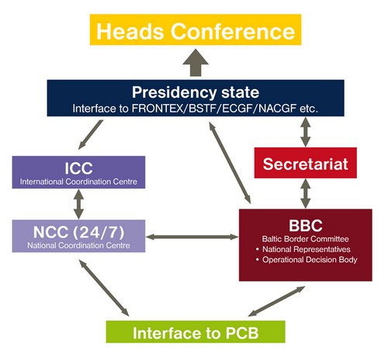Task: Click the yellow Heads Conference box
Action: point(196,29)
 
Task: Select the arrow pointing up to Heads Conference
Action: point(196,63)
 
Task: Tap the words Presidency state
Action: point(196,92)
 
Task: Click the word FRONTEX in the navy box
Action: point(158,109)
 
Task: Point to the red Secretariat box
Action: point(306,163)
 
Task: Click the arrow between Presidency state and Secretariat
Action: point(306,132)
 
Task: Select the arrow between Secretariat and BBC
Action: point(306,193)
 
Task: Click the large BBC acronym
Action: point(306,226)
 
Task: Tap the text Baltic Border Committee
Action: point(305,239)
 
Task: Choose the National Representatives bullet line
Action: point(303,249)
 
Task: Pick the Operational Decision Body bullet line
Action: point(307,260)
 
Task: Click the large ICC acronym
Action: point(78,168)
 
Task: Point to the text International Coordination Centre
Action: point(78,182)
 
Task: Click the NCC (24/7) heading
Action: point(78,232)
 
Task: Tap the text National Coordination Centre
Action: point(78,245)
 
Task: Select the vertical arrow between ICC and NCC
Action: point(78,204)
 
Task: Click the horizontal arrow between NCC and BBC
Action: point(192,237)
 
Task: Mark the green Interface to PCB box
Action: point(196,332)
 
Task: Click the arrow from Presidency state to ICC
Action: point(91,134)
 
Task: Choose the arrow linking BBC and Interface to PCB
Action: point(276,301)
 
